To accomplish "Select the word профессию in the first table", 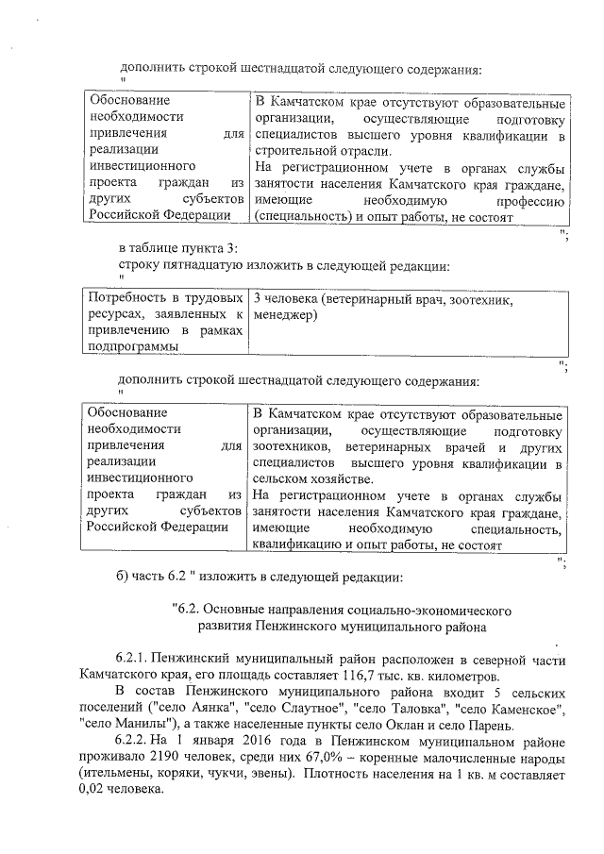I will pyautogui.click(x=528, y=200).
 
